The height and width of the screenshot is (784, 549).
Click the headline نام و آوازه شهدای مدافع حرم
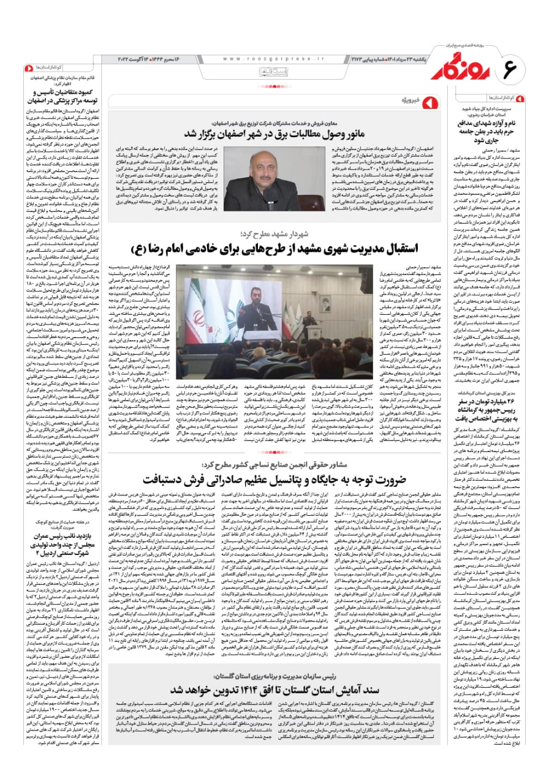coord(498,125)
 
